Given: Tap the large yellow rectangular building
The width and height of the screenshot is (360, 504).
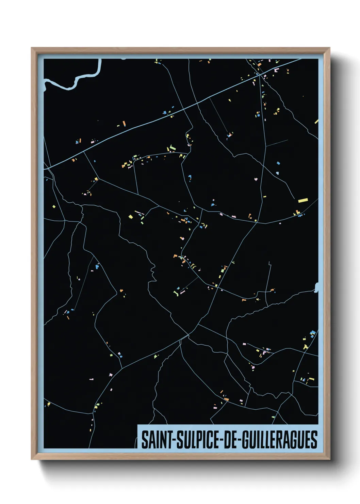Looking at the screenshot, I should tap(303, 200).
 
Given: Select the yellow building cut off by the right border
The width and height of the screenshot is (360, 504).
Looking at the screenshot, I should tap(316, 121).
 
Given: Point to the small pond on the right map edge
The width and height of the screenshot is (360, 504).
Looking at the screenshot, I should tap(316, 288).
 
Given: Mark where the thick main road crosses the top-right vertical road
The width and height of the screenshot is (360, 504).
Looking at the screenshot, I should tap(260, 75).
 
